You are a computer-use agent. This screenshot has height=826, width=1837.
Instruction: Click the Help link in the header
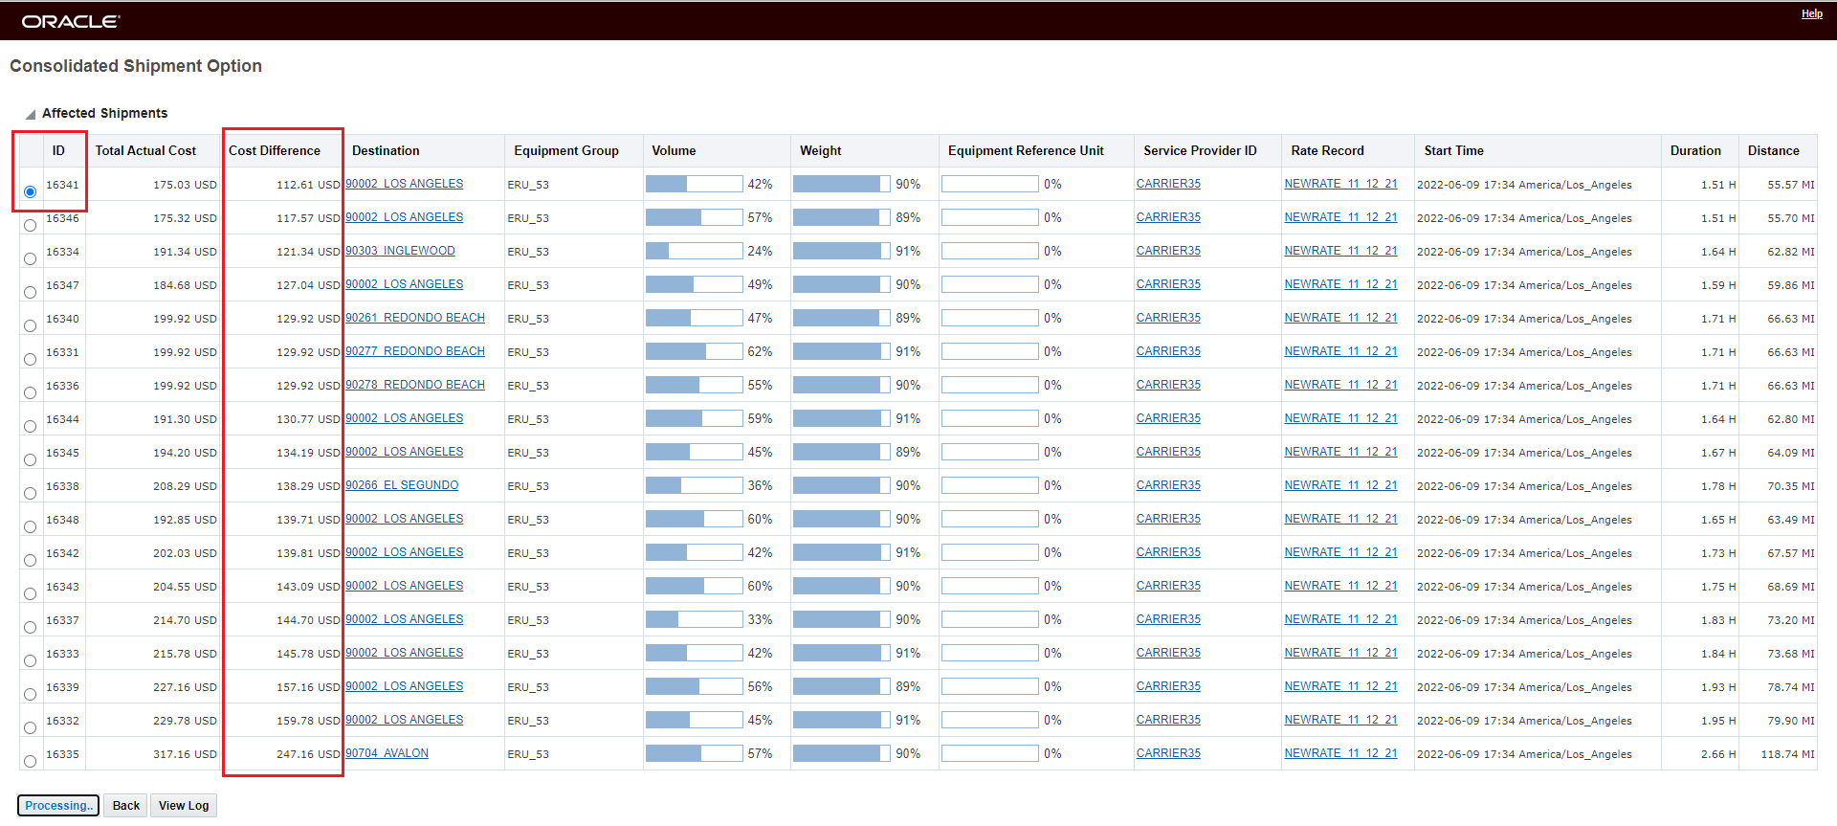tap(1811, 14)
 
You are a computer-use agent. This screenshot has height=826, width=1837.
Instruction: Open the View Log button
tap(184, 806)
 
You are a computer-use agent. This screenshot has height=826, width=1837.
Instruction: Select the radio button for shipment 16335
tap(31, 761)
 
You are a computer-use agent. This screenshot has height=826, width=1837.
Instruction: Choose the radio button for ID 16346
tap(31, 225)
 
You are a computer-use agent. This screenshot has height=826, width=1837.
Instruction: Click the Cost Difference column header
tap(275, 151)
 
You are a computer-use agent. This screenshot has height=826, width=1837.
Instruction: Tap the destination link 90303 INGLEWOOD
tap(400, 251)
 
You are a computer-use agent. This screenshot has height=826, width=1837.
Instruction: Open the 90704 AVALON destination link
tap(387, 753)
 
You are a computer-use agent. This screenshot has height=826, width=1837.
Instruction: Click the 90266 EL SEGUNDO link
tap(402, 485)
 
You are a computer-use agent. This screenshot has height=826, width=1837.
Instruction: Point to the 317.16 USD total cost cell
tap(185, 754)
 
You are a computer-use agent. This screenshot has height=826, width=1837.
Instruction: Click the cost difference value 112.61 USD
tap(307, 185)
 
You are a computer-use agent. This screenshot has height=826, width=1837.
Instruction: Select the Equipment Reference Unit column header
tap(1026, 151)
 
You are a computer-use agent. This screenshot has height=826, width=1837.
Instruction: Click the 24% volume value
tap(760, 251)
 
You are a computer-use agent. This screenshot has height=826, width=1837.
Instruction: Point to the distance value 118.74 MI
tap(1787, 754)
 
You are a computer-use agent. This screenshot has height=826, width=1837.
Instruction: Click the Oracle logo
tap(71, 21)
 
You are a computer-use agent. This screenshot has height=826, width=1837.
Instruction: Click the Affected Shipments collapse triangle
tap(31, 114)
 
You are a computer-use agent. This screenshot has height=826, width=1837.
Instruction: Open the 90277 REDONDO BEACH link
tap(415, 351)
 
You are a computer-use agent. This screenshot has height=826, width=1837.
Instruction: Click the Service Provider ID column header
tap(1200, 151)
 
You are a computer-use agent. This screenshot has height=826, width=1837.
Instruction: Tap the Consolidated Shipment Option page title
tap(136, 66)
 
